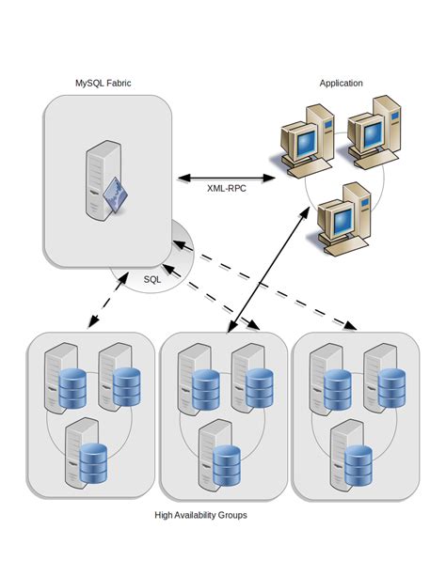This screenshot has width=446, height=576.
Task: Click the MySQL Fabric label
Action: coord(103,84)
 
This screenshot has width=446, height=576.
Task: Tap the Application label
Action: coord(341,84)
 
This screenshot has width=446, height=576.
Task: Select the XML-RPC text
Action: coord(228,188)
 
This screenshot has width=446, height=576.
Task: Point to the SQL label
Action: coord(152,279)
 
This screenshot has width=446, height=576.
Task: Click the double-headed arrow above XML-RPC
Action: coord(226,176)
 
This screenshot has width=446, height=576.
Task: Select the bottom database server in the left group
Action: coord(83,453)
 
